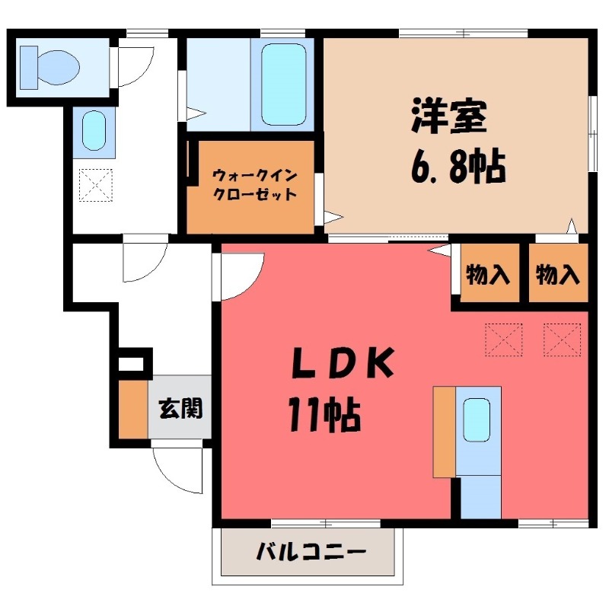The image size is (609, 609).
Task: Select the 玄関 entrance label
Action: click(180, 408)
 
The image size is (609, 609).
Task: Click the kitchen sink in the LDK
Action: click(477, 419)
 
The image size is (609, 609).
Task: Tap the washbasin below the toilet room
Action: click(94, 131)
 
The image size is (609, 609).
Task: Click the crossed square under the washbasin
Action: click(96, 184)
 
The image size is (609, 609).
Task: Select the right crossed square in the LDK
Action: click(563, 339)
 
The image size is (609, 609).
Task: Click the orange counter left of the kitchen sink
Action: click(444, 431)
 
